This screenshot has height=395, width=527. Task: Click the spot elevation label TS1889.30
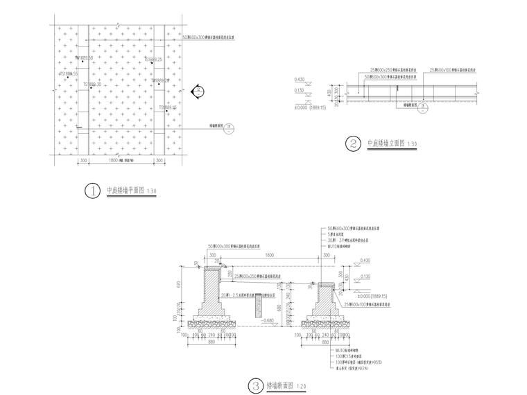[x=92, y=85]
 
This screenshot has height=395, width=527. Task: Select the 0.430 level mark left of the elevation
[x=300, y=79]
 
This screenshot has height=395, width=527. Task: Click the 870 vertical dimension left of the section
[x=180, y=285]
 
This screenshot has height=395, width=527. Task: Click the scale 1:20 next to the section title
[x=300, y=385]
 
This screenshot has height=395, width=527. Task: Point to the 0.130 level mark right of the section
[x=366, y=275]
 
